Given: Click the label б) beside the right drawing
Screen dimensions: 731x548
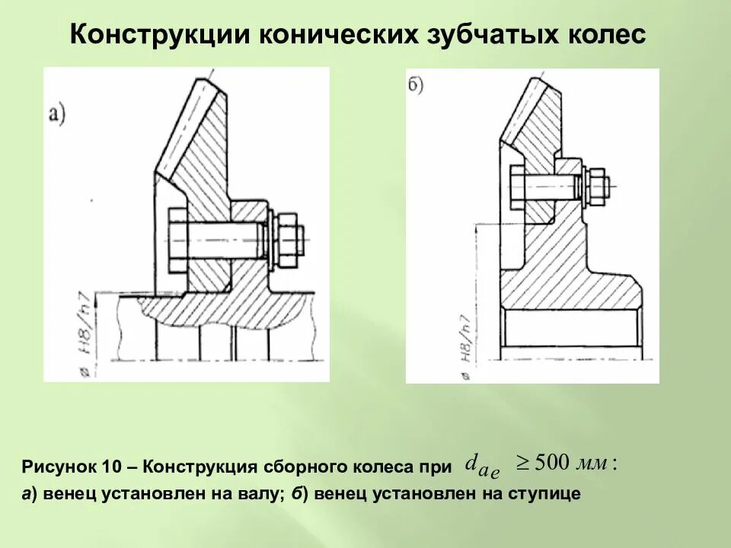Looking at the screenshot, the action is coord(416,85).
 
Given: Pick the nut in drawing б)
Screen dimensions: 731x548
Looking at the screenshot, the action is coord(595,185).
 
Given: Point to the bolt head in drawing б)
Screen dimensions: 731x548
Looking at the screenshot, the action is coord(514,185).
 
